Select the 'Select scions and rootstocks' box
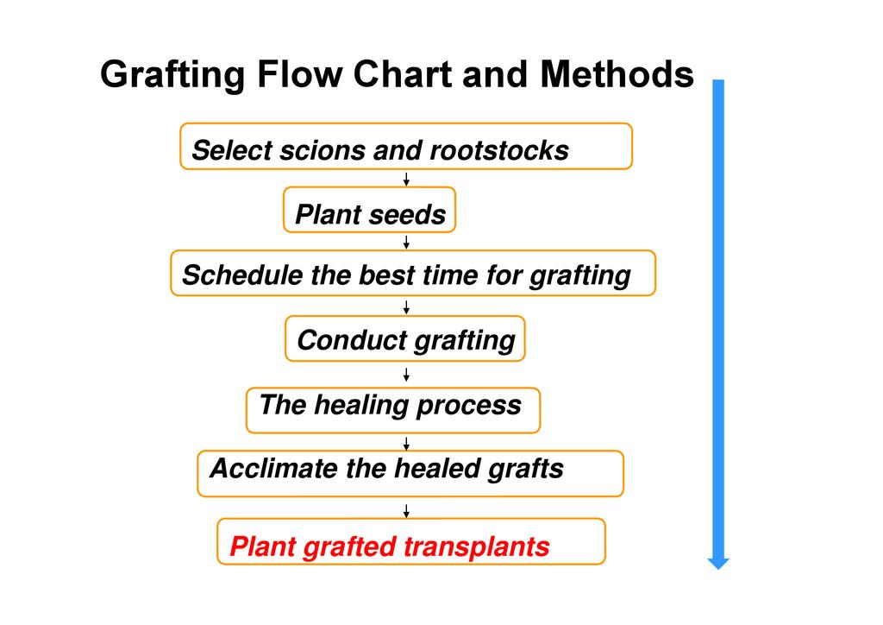point(405,146)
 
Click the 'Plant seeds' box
point(369,210)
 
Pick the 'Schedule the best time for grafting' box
point(412,273)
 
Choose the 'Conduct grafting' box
point(404,338)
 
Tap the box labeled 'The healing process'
point(392,409)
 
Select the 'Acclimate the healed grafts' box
point(410,473)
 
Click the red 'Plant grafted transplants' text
point(389,546)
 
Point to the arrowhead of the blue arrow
point(718,563)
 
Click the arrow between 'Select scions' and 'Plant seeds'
point(406,179)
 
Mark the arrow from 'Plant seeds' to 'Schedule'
point(406,242)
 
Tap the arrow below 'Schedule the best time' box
point(406,306)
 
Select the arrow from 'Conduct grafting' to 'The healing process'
point(406,374)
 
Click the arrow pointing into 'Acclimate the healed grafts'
point(406,443)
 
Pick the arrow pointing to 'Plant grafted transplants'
point(406,510)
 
